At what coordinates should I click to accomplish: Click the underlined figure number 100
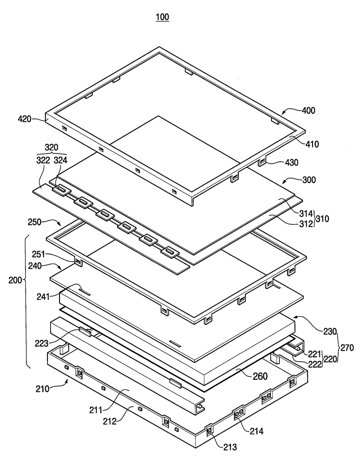click(x=162, y=17)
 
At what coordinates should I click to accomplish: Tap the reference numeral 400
click(x=309, y=111)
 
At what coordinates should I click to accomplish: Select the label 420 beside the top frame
click(x=24, y=119)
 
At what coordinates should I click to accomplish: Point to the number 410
click(x=312, y=144)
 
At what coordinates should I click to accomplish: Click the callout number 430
click(x=292, y=162)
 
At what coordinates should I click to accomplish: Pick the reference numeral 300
click(x=309, y=180)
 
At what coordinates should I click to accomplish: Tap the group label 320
click(x=51, y=147)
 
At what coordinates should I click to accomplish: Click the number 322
click(x=43, y=160)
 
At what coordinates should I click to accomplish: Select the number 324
click(x=61, y=160)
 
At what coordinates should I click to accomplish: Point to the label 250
click(x=34, y=222)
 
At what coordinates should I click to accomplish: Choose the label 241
click(x=43, y=297)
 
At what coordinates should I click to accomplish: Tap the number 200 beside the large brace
click(x=15, y=280)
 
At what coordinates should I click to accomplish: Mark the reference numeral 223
click(x=41, y=343)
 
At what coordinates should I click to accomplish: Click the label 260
click(x=260, y=376)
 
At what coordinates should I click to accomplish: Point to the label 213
click(x=230, y=447)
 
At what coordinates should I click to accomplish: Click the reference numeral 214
click(x=256, y=431)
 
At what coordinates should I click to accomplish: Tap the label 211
click(x=96, y=410)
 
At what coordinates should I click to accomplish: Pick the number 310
click(x=322, y=219)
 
